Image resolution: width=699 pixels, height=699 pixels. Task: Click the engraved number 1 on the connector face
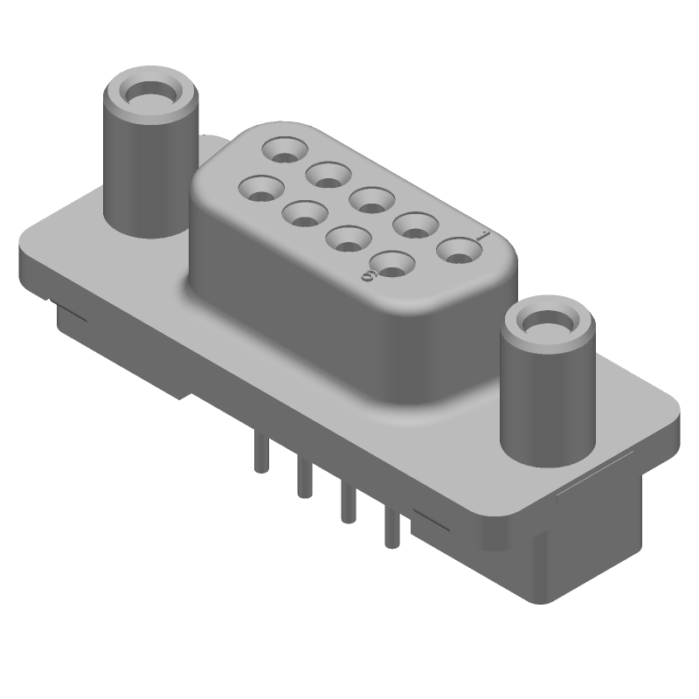[483, 235]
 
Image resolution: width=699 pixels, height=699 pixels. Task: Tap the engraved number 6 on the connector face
[368, 275]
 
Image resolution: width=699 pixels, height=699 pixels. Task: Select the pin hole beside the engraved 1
[458, 252]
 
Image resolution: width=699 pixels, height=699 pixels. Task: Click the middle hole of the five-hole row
[370, 198]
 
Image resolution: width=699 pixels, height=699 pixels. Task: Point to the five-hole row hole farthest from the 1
[285, 151]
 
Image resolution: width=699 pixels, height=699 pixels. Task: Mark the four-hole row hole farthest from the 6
[260, 187]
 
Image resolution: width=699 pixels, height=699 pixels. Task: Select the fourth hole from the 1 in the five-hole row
[328, 174]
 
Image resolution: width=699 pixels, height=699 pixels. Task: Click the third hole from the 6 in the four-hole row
[304, 211]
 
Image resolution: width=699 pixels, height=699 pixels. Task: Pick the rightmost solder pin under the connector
[391, 529]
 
